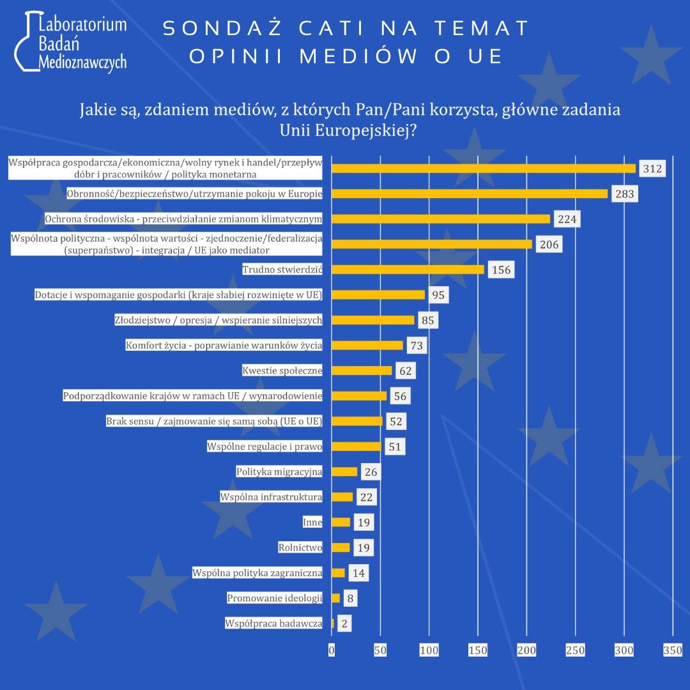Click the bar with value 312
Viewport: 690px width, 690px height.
(484, 169)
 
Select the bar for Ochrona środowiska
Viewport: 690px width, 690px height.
(441, 219)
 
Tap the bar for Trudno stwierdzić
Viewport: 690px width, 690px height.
(408, 270)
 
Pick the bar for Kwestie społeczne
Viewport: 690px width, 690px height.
(362, 371)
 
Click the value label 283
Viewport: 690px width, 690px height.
(624, 194)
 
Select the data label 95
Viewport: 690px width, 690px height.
(438, 295)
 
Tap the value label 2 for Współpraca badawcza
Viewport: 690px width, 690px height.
(344, 624)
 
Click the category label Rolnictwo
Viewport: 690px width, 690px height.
(300, 548)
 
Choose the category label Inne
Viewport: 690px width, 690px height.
(312, 523)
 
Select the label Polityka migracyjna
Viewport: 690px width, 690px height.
(279, 472)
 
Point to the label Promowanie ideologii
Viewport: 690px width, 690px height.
(275, 599)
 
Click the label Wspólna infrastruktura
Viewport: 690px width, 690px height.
(271, 497)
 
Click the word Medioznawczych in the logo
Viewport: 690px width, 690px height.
(82, 62)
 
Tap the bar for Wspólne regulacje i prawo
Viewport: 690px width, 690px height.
(356, 447)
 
